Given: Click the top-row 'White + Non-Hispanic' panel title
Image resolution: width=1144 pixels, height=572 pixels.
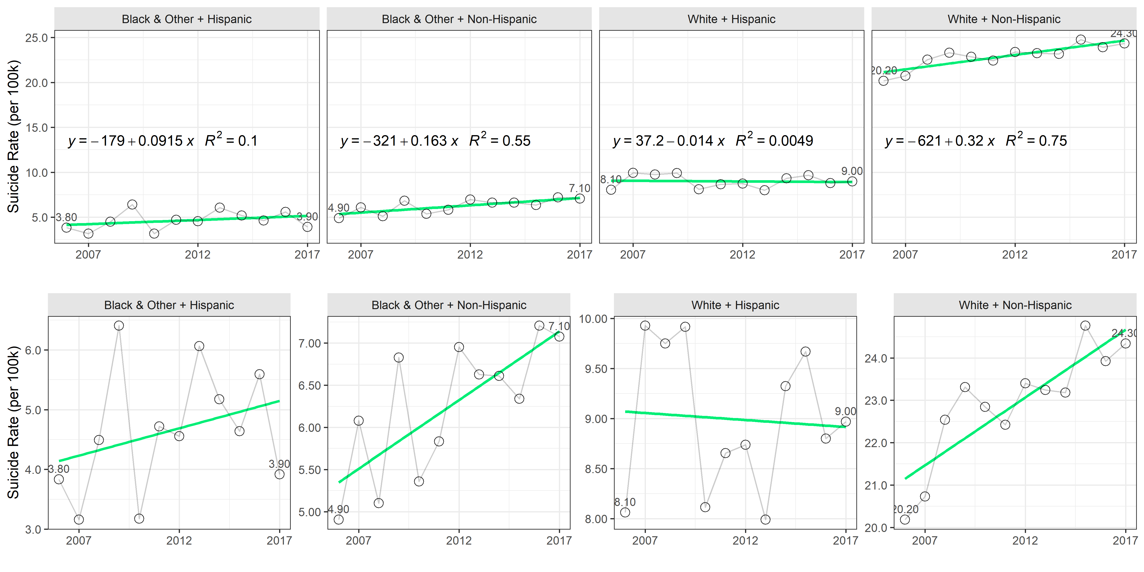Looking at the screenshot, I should [x=1004, y=19].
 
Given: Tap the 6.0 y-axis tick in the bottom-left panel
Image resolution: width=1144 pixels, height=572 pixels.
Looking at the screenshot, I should [x=33, y=350].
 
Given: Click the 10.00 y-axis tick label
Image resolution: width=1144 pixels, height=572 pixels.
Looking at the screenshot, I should [x=593, y=319].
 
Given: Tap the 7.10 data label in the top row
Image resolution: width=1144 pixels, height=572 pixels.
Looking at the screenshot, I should [x=580, y=188].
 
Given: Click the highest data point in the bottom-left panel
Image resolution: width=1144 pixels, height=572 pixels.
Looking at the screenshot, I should [x=119, y=326].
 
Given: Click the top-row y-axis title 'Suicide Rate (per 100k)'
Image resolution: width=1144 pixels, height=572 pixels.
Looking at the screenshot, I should [x=13, y=136].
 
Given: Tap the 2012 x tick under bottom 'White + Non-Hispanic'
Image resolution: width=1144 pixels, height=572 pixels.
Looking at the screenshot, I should [x=1025, y=541].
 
